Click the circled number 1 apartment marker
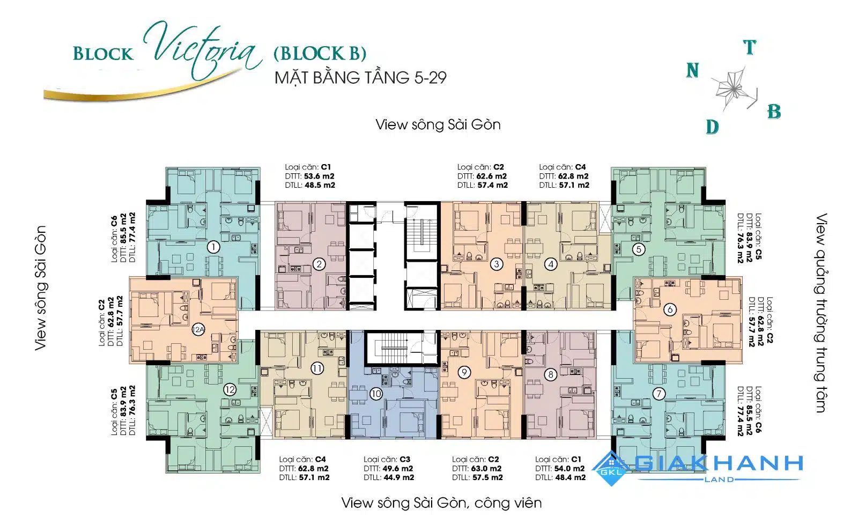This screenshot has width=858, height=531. tap(213, 247)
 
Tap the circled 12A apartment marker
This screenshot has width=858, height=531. tap(198, 329)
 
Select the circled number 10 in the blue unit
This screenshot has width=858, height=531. tap(376, 394)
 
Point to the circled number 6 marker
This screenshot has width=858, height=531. tap(670, 309)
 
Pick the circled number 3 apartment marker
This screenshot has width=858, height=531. tap(497, 264)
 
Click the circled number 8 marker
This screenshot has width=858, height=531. tap(551, 374)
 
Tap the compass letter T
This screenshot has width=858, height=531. tap(750, 48)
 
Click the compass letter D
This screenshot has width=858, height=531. tap(713, 127)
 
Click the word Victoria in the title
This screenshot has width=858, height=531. tap(203, 50)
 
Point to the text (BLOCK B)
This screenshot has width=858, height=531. tap(320, 53)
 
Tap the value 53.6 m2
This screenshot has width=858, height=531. tap(319, 176)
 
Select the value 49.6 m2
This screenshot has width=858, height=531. tap(397, 469)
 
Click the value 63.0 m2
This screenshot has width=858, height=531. tap(486, 469)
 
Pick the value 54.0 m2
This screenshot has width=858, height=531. tap(569, 469)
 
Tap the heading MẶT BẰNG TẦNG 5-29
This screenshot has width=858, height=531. tap(361, 78)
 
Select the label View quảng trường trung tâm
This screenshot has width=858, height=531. tap(820, 313)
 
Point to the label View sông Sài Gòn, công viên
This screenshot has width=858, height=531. tap(441, 503)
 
